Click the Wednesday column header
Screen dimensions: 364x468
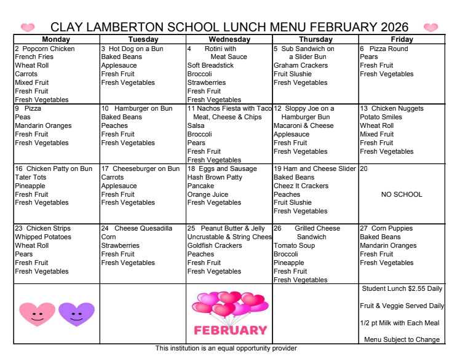229,39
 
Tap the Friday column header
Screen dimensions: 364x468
401,39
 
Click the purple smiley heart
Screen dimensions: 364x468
76,314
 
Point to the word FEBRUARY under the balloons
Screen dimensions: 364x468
230,330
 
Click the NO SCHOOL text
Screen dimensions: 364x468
402,194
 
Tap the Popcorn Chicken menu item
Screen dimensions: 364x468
49,49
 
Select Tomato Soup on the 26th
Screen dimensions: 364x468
294,245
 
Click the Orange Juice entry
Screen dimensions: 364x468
208,194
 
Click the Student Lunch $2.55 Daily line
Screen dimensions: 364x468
402,288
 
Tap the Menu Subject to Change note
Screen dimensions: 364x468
402,339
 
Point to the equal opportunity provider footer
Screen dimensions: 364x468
226,349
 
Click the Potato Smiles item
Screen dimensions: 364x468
381,117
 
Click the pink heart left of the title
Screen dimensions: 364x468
28,28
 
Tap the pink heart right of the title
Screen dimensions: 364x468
430,28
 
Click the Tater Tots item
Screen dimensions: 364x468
30,177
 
